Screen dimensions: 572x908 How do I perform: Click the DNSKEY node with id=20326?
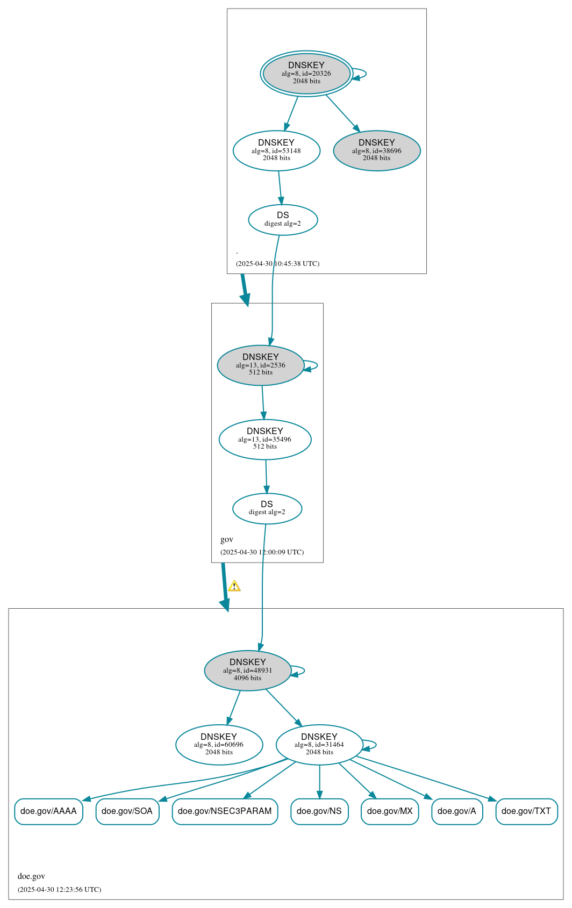(306, 74)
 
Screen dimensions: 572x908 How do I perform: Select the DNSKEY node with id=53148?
(276, 150)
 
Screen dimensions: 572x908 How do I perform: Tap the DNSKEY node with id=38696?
(376, 150)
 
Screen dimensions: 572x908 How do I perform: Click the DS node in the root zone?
(283, 220)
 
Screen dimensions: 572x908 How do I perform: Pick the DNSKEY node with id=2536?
(260, 365)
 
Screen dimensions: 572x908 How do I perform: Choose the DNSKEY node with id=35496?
(265, 439)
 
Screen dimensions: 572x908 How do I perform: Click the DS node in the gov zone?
(267, 508)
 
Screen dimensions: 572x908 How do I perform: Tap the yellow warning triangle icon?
(234, 586)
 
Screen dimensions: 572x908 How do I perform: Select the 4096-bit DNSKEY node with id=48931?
(247, 671)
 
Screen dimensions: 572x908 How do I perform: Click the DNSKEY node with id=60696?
(219, 745)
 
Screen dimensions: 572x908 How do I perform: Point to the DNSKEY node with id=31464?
(319, 745)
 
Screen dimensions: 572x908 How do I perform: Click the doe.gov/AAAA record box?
(49, 811)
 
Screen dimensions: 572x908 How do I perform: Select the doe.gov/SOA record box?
(127, 811)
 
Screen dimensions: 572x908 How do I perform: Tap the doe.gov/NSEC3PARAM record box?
(225, 811)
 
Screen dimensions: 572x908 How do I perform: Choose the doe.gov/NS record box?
(319, 811)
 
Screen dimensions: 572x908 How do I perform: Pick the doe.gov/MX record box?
(390, 811)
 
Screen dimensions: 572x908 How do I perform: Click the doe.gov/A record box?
(457, 811)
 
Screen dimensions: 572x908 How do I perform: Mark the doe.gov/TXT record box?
(526, 811)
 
